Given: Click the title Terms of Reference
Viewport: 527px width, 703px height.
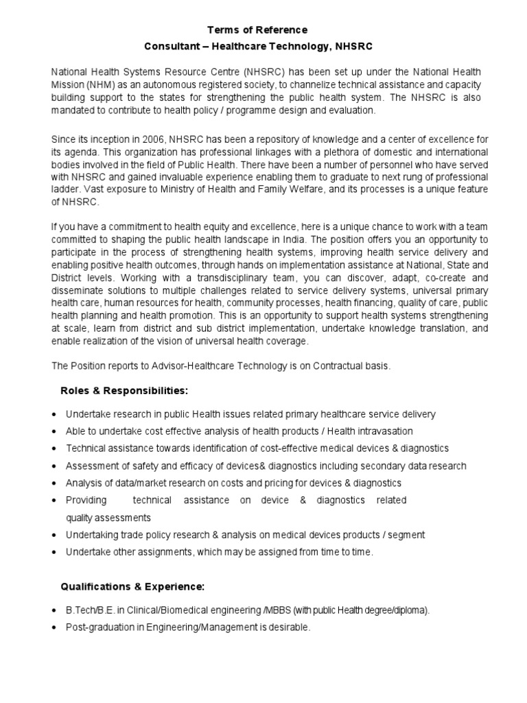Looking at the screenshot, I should [257, 30].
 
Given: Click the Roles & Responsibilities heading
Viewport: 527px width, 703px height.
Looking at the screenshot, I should [124, 391].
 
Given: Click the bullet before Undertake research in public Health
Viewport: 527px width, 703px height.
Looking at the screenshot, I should [54, 415].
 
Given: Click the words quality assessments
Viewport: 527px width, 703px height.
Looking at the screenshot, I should [108, 517].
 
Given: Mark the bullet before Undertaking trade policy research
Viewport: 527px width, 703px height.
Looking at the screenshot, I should [54, 535].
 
